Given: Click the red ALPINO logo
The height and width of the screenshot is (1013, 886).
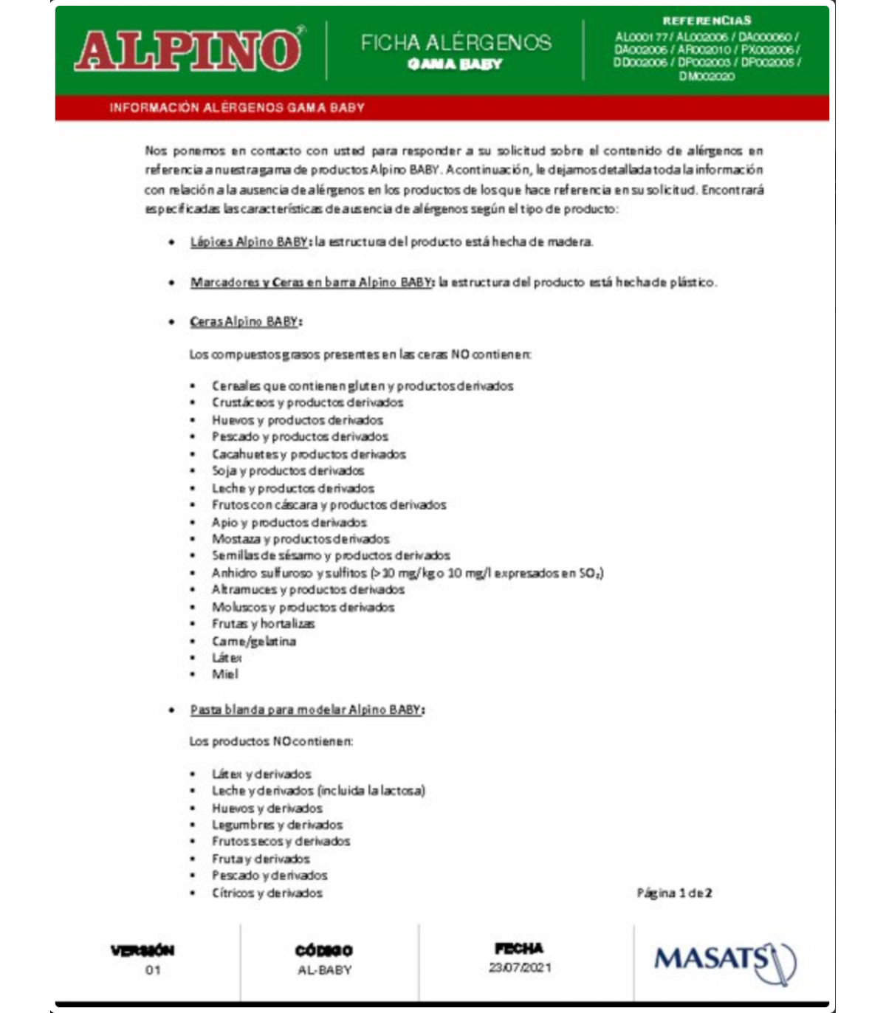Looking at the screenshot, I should click(189, 50).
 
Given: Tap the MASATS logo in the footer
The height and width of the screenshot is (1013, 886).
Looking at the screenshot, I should click(724, 961).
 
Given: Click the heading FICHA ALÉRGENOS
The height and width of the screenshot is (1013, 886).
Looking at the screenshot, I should click(456, 43).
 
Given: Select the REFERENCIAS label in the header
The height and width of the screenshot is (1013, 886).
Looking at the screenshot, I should click(707, 21).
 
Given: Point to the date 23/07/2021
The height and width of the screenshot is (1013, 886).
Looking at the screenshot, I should click(520, 967).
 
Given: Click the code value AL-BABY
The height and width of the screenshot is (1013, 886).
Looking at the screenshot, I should click(324, 970).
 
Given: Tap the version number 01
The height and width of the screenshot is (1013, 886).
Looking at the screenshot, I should click(153, 970).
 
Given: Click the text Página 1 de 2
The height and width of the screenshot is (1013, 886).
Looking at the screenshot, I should click(674, 893).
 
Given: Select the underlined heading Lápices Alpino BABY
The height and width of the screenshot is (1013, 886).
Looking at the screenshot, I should click(250, 241).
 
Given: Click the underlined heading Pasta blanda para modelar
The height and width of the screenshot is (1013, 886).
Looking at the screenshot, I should click(306, 710).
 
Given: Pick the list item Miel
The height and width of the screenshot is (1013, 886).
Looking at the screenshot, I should click(224, 674).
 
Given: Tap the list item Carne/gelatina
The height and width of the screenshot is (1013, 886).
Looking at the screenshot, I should click(253, 641).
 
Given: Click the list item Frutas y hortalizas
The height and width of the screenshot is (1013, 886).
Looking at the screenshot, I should click(263, 624).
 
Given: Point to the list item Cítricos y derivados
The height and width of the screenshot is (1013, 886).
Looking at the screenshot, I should click(267, 893).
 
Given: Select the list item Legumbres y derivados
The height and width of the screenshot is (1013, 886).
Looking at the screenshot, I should click(277, 825).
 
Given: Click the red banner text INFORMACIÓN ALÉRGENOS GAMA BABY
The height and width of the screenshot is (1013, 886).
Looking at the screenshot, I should click(237, 108).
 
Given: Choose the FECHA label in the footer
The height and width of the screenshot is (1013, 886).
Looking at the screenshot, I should click(519, 949).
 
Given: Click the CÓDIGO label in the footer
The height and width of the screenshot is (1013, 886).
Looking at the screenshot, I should click(323, 951).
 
